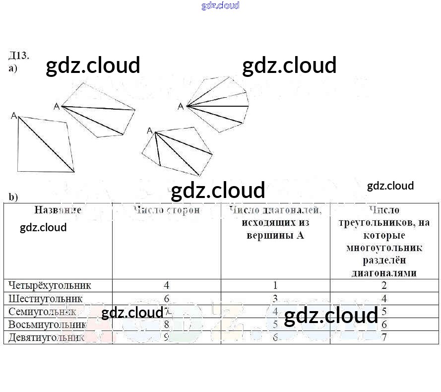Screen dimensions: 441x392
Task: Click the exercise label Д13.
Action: pyautogui.click(x=19, y=55)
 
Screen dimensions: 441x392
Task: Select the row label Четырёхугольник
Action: pyautogui.click(x=50, y=285)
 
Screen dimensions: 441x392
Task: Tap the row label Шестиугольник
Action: pyautogui.click(x=45, y=299)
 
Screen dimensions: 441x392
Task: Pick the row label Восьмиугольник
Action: pyautogui.click(x=48, y=325)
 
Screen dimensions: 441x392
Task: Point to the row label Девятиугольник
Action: pyautogui.click(x=48, y=337)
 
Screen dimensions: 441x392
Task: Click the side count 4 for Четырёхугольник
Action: pyautogui.click(x=166, y=285)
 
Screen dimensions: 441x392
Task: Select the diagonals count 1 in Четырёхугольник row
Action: pyautogui.click(x=275, y=285)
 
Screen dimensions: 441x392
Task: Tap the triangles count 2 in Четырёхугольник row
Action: pyautogui.click(x=384, y=285)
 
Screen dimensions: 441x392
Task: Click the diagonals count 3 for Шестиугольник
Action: pyautogui.click(x=275, y=299)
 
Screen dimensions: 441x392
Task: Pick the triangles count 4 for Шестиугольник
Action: pyautogui.click(x=384, y=299)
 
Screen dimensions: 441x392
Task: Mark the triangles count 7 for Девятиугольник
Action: pyautogui.click(x=384, y=337)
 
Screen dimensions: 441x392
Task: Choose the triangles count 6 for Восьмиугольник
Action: pyautogui.click(x=384, y=325)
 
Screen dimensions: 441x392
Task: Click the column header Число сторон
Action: pyautogui.click(x=166, y=210)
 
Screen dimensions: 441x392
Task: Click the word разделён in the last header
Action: pyautogui.click(x=384, y=260)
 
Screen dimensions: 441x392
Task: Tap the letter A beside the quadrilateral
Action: pyautogui.click(x=14, y=116)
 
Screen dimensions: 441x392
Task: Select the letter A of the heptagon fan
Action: pyautogui.click(x=181, y=106)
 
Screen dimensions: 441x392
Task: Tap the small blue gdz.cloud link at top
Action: pyautogui.click(x=220, y=5)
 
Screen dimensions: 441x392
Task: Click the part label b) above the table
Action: pyautogui.click(x=13, y=197)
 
